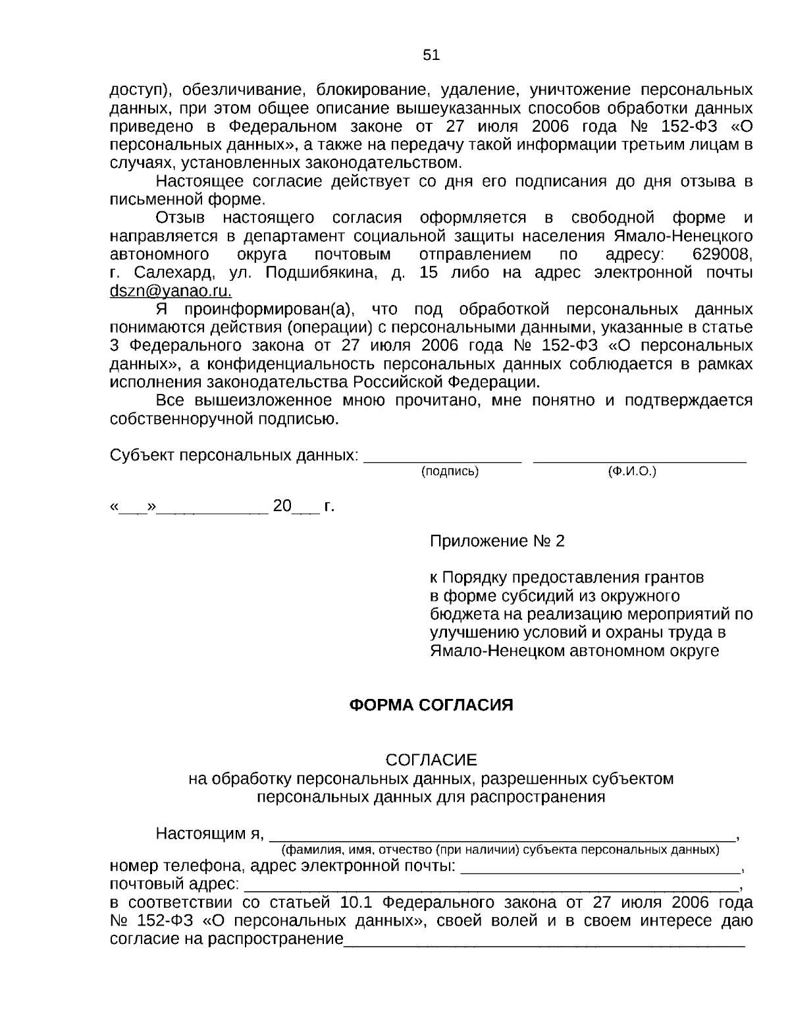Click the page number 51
click(x=431, y=55)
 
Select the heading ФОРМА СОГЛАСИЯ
click(x=431, y=705)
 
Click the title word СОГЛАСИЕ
click(x=431, y=760)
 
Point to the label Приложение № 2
click(x=497, y=541)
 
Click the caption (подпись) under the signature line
click(x=450, y=472)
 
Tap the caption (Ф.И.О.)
click(x=633, y=472)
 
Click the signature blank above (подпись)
click(x=443, y=459)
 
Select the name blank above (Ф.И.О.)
click(x=639, y=459)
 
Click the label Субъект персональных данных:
click(x=234, y=455)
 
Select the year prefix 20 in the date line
click(x=282, y=507)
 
